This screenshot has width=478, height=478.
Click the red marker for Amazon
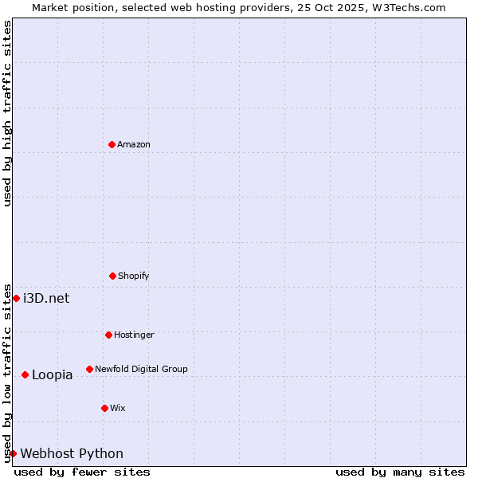[x=112, y=144]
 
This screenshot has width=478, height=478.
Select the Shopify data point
[x=112, y=276]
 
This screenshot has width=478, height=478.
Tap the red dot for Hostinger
[x=108, y=335]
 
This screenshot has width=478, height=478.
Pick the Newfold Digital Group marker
[x=89, y=369]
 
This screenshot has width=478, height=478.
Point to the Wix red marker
[x=104, y=408]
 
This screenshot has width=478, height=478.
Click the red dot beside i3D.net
[x=16, y=298]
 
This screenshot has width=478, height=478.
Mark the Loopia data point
[x=25, y=374]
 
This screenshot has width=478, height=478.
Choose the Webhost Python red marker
[x=13, y=453]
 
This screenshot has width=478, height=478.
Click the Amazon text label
[x=134, y=144]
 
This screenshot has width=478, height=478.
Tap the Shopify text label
[x=134, y=276]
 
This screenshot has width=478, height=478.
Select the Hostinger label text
[x=134, y=335]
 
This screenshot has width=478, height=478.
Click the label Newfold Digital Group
[x=141, y=369]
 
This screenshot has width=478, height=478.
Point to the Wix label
[x=118, y=408]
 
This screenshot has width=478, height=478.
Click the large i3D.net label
[x=46, y=298]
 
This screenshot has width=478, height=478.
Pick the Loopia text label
[x=53, y=374]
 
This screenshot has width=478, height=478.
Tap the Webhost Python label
[x=72, y=453]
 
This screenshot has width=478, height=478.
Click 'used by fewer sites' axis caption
[x=82, y=472]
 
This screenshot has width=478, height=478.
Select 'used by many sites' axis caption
[x=400, y=472]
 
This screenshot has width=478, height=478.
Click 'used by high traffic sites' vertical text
[x=8, y=113]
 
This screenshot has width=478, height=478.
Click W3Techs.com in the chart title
[x=410, y=7]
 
